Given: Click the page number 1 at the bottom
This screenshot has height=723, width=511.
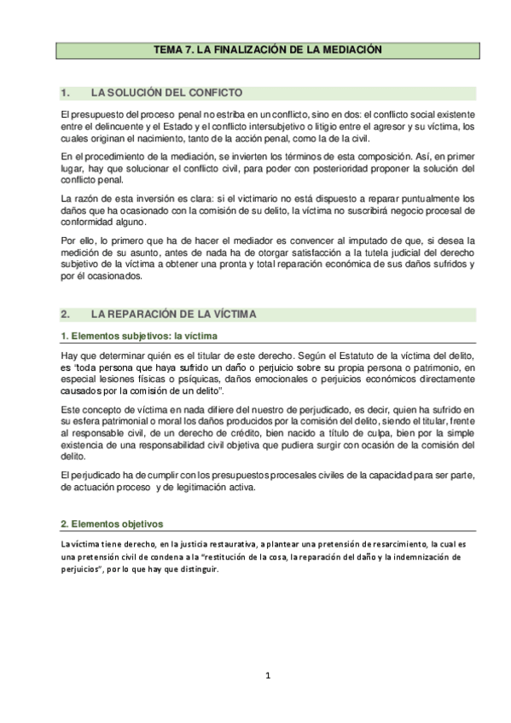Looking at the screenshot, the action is pyautogui.click(x=267, y=676).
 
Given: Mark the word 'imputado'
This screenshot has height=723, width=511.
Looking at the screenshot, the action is pyautogui.click(x=346, y=242).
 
